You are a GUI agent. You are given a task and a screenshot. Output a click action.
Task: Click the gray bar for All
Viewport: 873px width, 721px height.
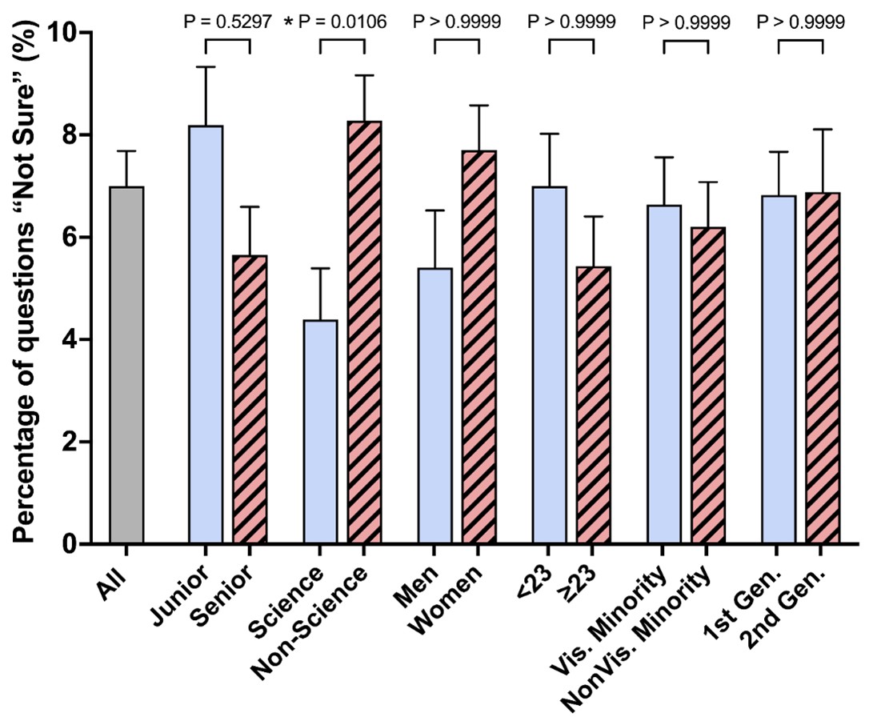(126, 365)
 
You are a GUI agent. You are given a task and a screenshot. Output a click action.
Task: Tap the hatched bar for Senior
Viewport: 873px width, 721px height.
(250, 399)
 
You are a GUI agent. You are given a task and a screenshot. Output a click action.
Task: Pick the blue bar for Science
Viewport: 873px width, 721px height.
(320, 431)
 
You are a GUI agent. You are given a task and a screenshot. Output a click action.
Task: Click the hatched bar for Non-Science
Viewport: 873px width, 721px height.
(364, 332)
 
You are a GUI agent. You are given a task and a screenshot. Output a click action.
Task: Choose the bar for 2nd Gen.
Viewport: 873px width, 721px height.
(823, 368)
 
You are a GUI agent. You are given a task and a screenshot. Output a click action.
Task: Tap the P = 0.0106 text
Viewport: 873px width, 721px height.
(342, 22)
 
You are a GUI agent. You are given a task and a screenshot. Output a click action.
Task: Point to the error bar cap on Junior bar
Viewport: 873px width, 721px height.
(206, 67)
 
